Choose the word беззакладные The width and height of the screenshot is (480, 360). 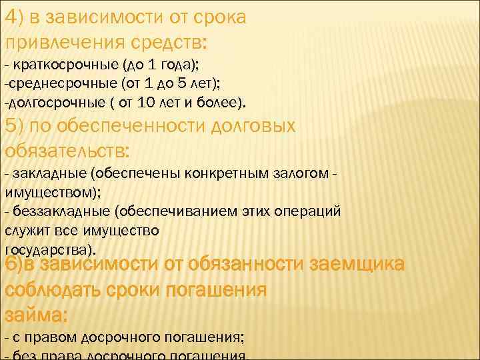pos(61,211)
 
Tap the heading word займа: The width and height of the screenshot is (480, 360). pos(37,315)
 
